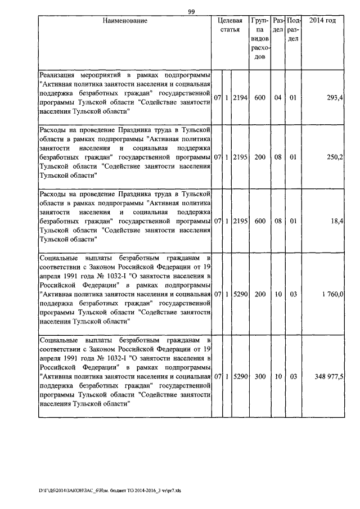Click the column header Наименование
tap(125, 21)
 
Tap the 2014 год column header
tap(323, 21)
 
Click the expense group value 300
tap(259, 377)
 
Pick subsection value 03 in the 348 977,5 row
tap(293, 377)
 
